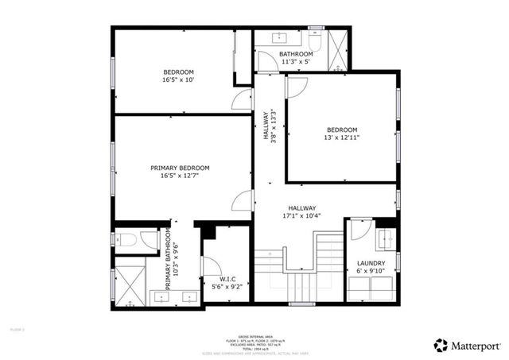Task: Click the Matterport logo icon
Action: click(441, 345)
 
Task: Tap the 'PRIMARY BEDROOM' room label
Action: click(180, 168)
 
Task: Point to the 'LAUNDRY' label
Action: click(371, 263)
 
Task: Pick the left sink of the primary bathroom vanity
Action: click(163, 296)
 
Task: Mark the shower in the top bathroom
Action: click(337, 48)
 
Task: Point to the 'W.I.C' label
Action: click(227, 279)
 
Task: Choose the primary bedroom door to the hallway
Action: click(242, 201)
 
